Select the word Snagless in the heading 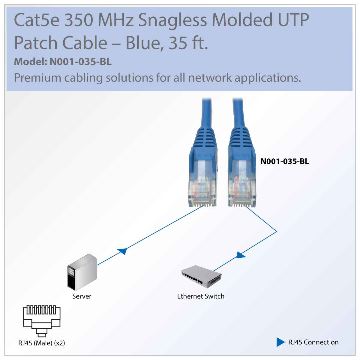pos(172,20)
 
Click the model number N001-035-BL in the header pos(80,62)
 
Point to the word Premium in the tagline pos(37,78)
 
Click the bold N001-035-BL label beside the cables pos(284,161)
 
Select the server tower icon pos(82,272)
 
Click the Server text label pos(82,296)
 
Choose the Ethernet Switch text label pos(201,296)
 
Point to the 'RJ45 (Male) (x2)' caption pos(41,343)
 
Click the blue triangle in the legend pos(280,342)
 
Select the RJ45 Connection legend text pos(313,342)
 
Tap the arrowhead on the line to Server pos(122,251)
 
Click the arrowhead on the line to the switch pos(241,255)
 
